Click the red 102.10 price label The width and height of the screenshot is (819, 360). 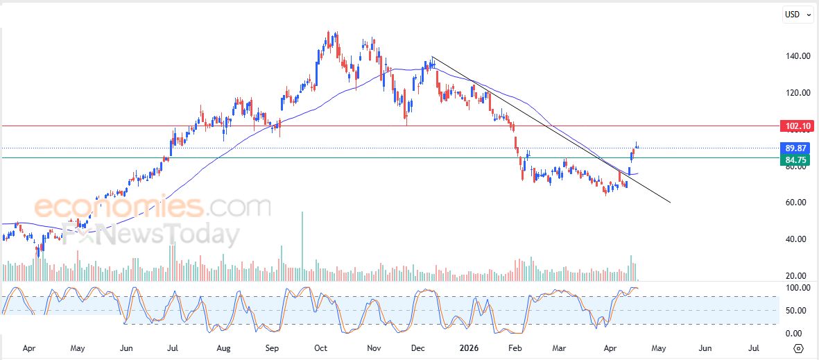pos(796,126)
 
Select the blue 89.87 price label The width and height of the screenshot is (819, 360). pos(796,148)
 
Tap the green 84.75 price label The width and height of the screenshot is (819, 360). pos(796,160)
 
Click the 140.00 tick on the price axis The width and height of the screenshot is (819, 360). pos(795,56)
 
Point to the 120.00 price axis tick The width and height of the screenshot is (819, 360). pos(795,93)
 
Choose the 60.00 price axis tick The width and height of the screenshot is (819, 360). pos(795,203)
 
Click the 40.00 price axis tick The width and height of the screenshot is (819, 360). pos(795,239)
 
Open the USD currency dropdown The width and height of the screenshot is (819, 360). pos(798,15)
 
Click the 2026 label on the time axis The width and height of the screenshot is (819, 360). pos(466,348)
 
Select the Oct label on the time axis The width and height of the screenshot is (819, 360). pos(320,348)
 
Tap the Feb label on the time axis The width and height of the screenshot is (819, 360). pos(515,348)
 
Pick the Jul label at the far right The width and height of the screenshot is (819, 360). pos(753,348)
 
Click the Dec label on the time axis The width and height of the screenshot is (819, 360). pos(418,348)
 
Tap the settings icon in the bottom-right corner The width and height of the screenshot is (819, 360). pos(798,348)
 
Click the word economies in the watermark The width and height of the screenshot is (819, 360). pos(118,207)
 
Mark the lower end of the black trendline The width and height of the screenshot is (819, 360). pos(671,203)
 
